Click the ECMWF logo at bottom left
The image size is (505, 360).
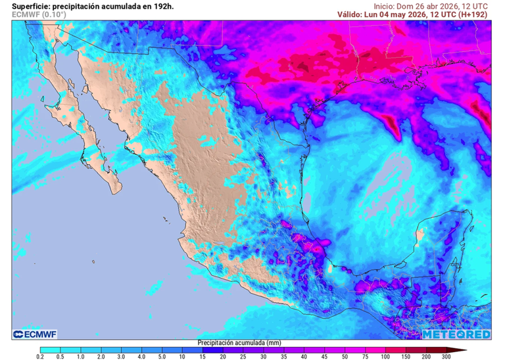(x=35, y=334)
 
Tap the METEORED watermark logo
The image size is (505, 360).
(x=456, y=334)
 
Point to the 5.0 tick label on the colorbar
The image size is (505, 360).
(x=162, y=356)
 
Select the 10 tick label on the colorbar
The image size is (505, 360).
(x=182, y=356)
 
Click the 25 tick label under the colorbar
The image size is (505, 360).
(x=243, y=356)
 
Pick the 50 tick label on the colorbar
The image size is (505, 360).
(x=345, y=356)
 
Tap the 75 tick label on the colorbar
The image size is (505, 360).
(x=365, y=356)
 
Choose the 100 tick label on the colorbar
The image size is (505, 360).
(x=385, y=356)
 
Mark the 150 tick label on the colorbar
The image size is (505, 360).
(x=406, y=356)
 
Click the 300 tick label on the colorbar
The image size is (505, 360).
(x=446, y=356)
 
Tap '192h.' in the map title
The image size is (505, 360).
(x=162, y=5)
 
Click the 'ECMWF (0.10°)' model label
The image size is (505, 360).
(x=39, y=14)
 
